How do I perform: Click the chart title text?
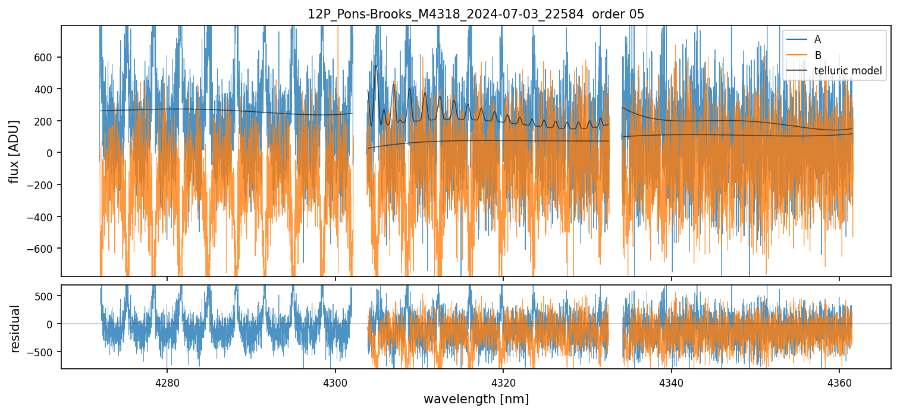475,14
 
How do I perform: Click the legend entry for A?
817,39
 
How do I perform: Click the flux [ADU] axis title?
14,152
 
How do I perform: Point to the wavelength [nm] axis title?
475,399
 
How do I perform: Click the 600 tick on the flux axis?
47,57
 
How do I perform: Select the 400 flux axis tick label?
47,89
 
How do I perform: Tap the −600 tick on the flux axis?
44,249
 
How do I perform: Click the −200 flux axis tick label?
44,185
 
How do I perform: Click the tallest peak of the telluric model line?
376,65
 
